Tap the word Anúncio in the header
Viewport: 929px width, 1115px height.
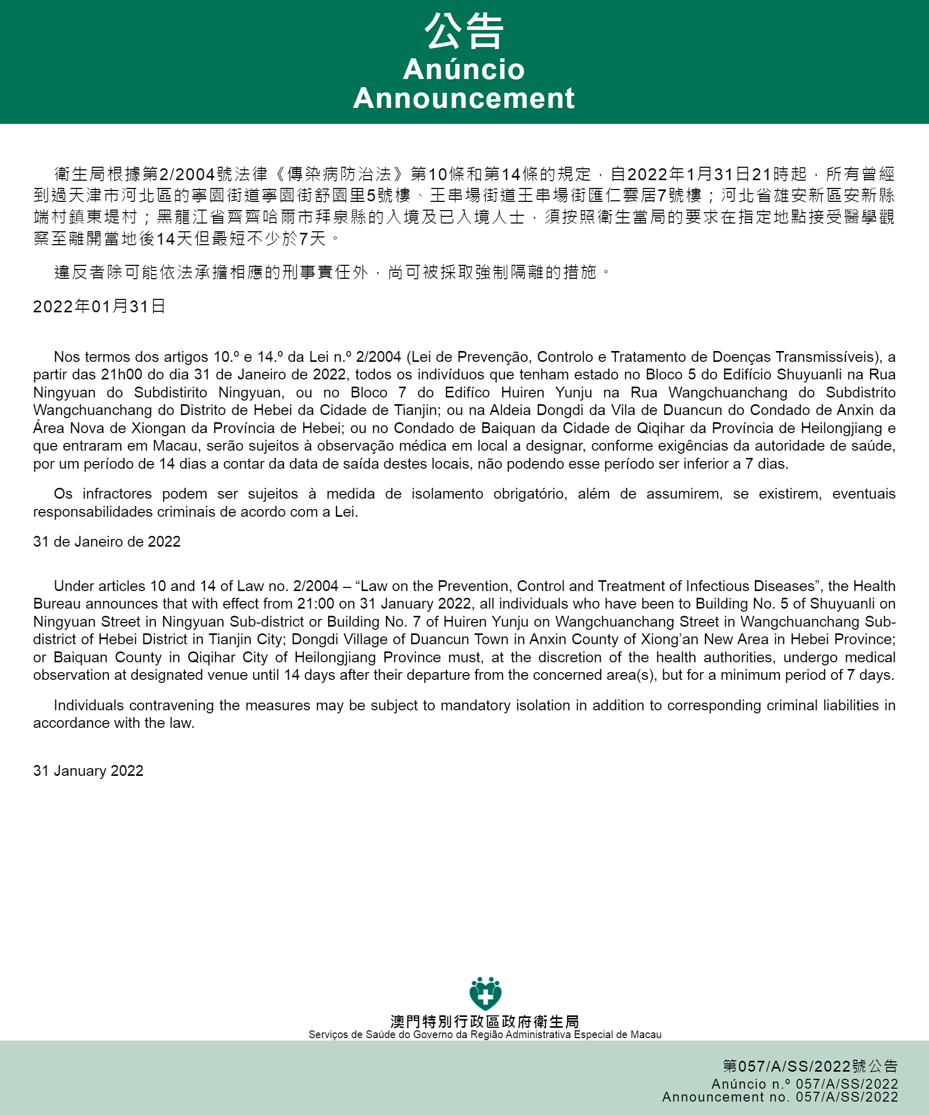point(463,69)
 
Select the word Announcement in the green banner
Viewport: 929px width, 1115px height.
point(463,98)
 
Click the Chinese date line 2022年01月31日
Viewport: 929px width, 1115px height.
point(99,306)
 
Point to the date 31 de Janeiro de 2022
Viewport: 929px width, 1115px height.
point(107,541)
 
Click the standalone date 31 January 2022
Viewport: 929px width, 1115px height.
point(88,771)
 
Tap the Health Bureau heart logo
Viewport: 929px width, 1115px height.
point(485,993)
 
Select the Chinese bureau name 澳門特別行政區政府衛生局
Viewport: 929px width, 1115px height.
point(485,1022)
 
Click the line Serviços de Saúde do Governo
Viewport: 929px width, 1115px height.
point(485,1034)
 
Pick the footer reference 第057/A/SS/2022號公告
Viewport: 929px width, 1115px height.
point(810,1066)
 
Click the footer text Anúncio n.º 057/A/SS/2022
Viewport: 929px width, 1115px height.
point(805,1084)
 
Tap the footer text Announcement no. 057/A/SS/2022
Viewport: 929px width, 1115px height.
point(780,1097)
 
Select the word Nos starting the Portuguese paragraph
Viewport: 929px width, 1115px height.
point(67,357)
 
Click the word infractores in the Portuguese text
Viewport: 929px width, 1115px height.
point(117,494)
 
